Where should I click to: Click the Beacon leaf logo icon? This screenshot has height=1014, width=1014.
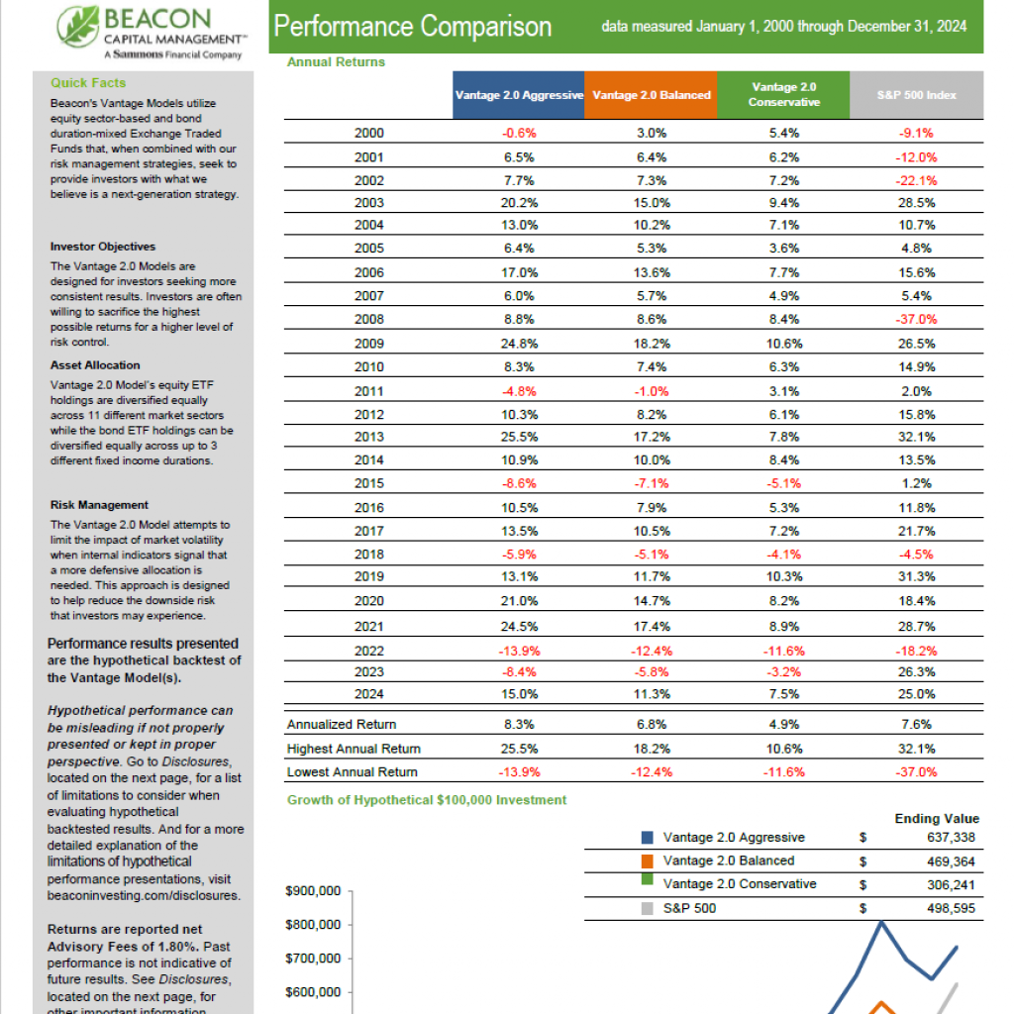tap(77, 27)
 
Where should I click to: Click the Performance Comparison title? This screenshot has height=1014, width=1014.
tap(413, 27)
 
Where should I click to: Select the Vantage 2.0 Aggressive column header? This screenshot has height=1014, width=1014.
tap(519, 95)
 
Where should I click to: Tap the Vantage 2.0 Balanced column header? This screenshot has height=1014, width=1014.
tap(652, 95)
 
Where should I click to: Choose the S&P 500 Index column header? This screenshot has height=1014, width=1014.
tap(916, 95)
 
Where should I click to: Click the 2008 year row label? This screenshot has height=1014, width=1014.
tap(369, 320)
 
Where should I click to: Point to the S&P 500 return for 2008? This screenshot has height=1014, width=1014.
tap(916, 320)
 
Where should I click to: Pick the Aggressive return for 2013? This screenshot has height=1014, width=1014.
tap(519, 437)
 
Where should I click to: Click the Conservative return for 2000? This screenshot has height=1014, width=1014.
tap(784, 134)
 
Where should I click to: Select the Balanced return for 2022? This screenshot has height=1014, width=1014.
tap(652, 652)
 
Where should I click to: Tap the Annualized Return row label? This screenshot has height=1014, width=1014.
tap(342, 725)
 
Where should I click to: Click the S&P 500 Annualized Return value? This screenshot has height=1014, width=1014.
tap(916, 725)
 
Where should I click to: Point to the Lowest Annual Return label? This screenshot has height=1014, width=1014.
tap(353, 772)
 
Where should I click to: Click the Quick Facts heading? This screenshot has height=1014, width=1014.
tap(88, 83)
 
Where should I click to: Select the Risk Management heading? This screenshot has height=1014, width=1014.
tap(99, 505)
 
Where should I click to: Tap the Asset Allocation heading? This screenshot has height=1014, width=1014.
tap(95, 365)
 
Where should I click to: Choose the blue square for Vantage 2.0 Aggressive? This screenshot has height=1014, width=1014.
tap(648, 838)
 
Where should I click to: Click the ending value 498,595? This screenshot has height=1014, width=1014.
tap(951, 909)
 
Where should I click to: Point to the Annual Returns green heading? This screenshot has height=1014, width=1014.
tap(336, 62)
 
